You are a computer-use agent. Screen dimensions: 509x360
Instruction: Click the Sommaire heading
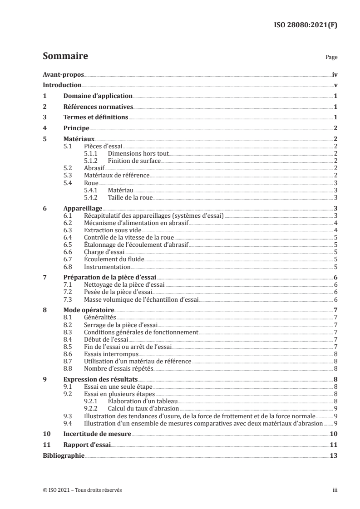[x=65, y=56]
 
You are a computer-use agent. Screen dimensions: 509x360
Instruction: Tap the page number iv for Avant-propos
[x=335, y=74]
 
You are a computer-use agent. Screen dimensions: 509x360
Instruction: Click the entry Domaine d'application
[x=98, y=96]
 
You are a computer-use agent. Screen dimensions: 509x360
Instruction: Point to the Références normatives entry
[x=98, y=107]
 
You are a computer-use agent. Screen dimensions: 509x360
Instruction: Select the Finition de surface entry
[x=134, y=161]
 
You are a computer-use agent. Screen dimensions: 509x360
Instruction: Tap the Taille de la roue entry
[x=130, y=197]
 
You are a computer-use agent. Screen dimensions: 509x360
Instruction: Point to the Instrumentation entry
[x=107, y=267]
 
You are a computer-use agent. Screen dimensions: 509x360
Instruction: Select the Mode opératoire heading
[x=88, y=310]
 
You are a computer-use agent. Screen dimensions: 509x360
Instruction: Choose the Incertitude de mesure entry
[x=97, y=434]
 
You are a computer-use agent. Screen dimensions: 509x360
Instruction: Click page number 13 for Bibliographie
[x=334, y=456]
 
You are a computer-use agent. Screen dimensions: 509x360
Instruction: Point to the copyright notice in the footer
[x=82, y=490]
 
